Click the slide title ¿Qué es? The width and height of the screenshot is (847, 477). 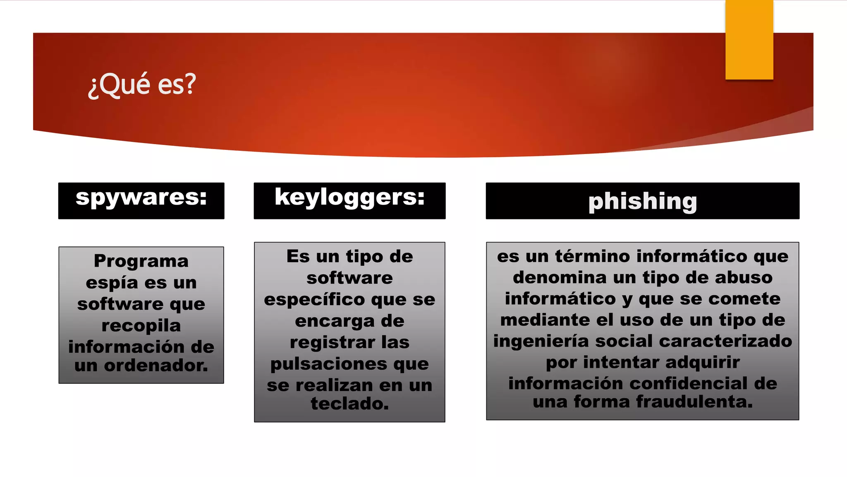pyautogui.click(x=142, y=84)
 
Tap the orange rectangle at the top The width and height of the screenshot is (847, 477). pyautogui.click(x=749, y=40)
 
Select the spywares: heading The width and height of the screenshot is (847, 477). pyautogui.click(x=141, y=198)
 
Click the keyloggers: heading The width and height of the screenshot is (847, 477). pyautogui.click(x=349, y=198)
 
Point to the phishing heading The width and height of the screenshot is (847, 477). pyautogui.click(x=642, y=202)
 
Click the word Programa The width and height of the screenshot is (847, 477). pyautogui.click(x=141, y=261)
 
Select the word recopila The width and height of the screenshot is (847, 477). pyautogui.click(x=141, y=325)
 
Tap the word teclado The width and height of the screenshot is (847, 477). pyautogui.click(x=349, y=403)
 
